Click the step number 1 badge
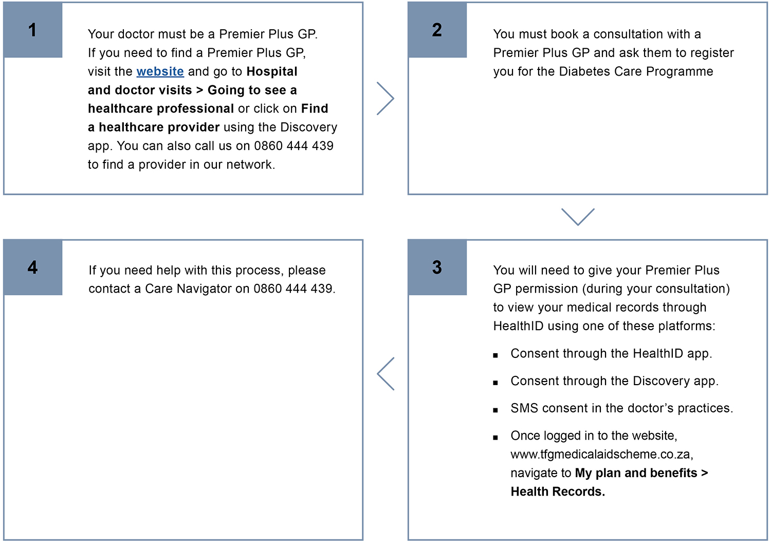pos(33,30)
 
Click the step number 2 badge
pos(437,30)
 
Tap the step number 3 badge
pos(437,267)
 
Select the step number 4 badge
pos(33,267)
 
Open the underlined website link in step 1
pos(160,71)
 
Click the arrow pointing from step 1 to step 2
pos(385,98)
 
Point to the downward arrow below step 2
pos(578,216)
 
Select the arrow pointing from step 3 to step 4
pos(385,374)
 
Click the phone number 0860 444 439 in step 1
pos(293,146)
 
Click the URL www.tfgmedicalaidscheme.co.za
pos(601,455)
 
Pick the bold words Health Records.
pos(558,492)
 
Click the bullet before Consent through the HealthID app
pos(495,355)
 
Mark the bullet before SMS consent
pos(495,410)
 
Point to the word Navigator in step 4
pos(204,289)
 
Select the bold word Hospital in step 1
pos(272,71)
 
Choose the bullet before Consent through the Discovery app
pos(495,383)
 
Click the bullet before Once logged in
pos(495,438)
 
